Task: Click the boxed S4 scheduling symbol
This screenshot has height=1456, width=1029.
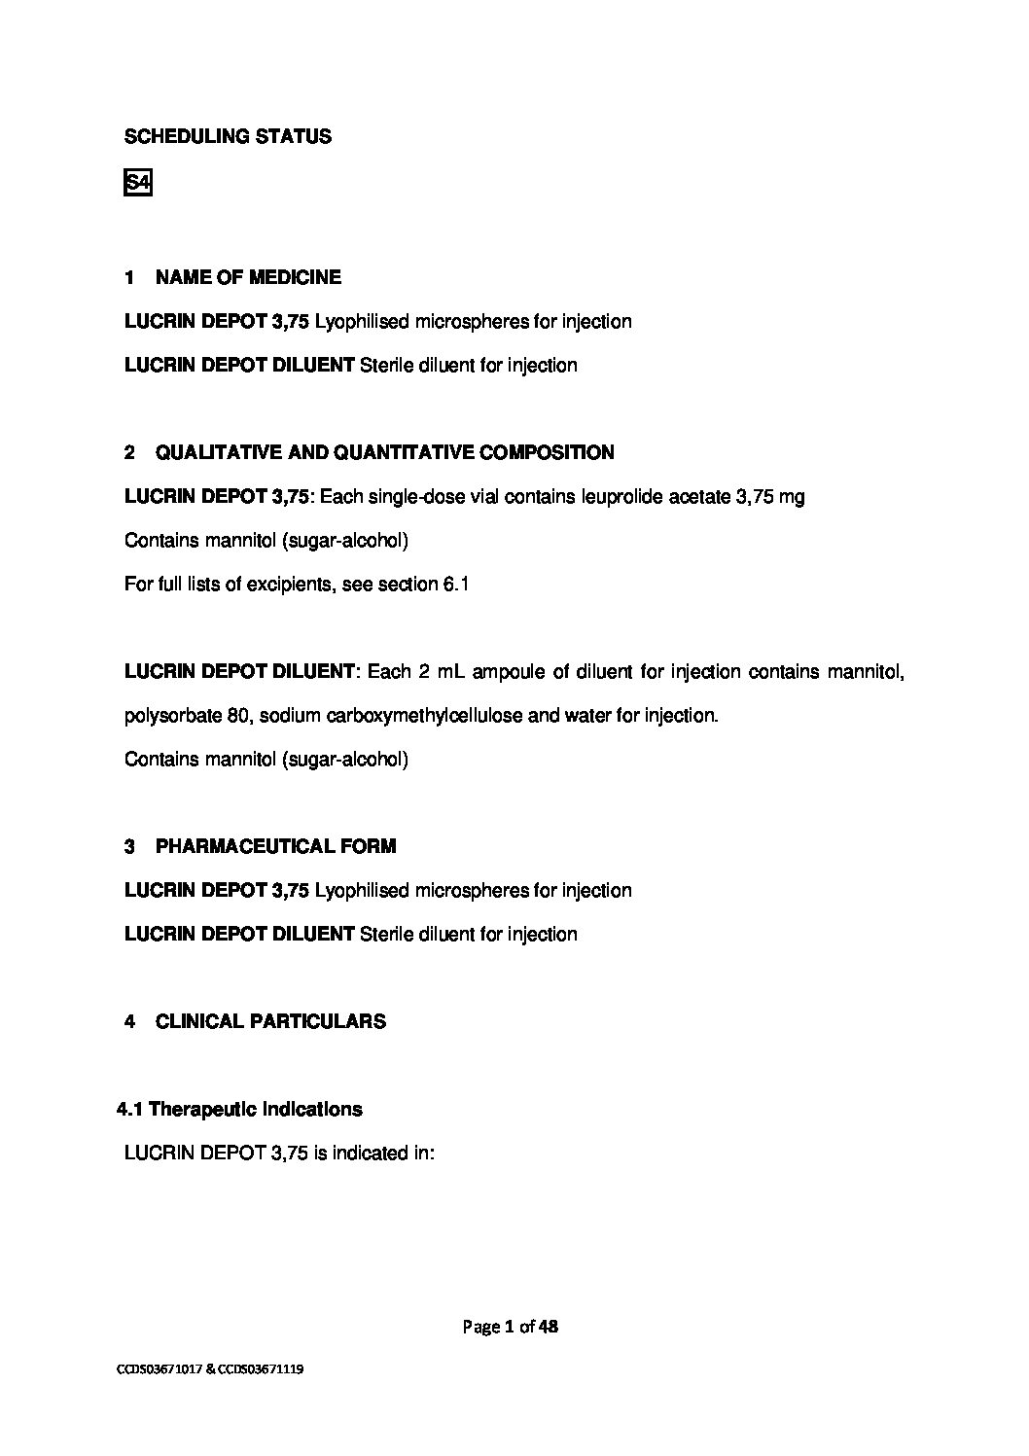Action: [x=138, y=183]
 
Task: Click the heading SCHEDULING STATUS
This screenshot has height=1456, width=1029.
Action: [x=228, y=137]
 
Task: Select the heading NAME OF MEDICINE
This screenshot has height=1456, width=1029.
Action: [x=248, y=278]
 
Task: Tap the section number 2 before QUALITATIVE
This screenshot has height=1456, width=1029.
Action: [x=129, y=453]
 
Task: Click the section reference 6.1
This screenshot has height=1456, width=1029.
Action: [x=456, y=585]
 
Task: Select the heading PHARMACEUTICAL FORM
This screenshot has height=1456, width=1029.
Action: [x=275, y=847]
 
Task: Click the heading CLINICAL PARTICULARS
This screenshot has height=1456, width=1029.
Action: [x=270, y=1022]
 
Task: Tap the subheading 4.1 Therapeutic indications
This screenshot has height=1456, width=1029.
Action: [x=239, y=1110]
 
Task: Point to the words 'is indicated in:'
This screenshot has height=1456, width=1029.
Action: [x=373, y=1154]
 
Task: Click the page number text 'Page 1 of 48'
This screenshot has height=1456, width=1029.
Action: [x=511, y=1327]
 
